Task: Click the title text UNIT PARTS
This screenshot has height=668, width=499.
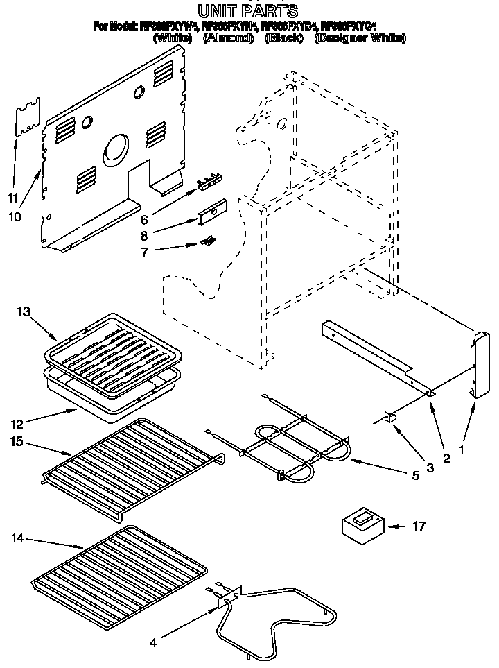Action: [x=247, y=10]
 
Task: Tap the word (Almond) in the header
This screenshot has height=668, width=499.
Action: [x=227, y=39]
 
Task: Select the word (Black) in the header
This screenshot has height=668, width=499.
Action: [x=283, y=39]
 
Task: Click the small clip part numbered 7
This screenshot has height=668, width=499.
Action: [x=206, y=241]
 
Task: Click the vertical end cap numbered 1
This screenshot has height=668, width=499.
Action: [x=478, y=365]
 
